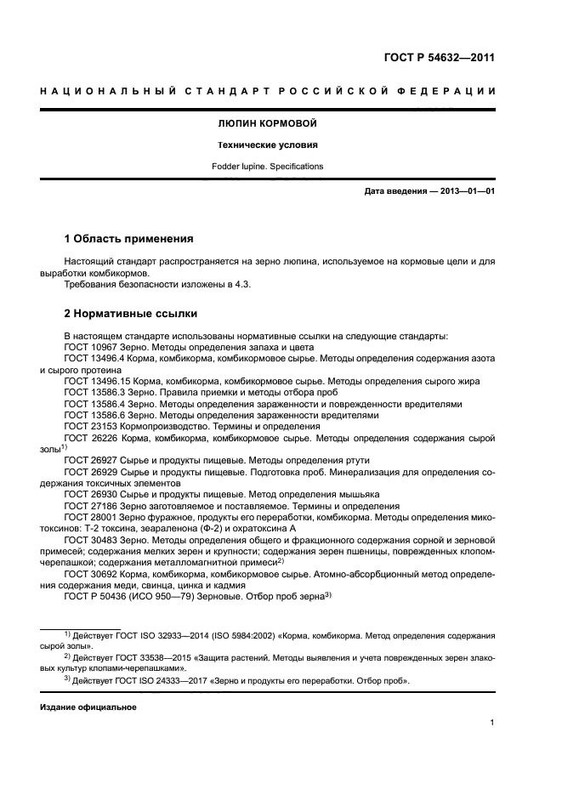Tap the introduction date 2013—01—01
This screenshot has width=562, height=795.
[465, 191]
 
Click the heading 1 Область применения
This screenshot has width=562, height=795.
[129, 238]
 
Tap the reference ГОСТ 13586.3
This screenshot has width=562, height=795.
[95, 393]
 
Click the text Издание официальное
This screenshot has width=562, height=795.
[88, 707]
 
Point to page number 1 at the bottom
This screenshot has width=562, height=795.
[491, 724]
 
